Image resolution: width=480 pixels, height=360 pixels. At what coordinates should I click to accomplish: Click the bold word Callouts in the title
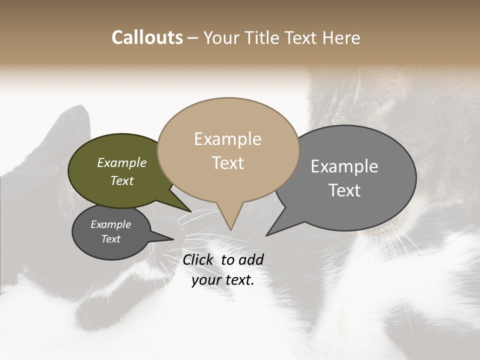147,37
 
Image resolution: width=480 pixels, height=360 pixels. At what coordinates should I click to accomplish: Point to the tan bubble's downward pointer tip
230,229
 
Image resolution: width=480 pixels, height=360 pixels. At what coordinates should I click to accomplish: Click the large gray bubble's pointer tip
266,235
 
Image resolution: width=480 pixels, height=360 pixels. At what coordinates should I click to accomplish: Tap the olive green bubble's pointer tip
191,212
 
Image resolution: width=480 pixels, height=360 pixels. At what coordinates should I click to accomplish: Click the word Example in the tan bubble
227,139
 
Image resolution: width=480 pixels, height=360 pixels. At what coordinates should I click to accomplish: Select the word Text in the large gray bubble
344,190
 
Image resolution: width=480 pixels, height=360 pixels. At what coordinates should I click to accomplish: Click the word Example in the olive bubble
122,163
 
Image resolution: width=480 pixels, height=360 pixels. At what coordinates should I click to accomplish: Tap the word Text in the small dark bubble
111,239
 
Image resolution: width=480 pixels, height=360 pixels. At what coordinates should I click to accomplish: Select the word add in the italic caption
250,259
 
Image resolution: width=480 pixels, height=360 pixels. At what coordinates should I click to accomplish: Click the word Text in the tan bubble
228,163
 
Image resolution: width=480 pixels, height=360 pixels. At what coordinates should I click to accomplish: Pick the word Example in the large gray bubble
344,166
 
